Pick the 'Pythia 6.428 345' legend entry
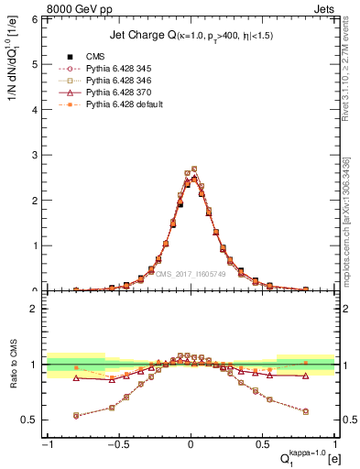pos(114,69)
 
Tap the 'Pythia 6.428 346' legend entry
pos(114,81)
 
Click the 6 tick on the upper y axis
pos(38,19)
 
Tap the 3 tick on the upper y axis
pos(38,155)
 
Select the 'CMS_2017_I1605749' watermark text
pos(191,273)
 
